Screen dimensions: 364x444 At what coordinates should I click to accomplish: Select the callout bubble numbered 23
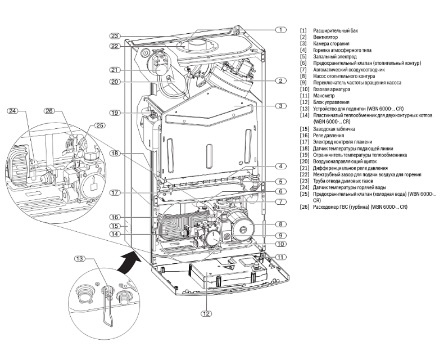(115, 35)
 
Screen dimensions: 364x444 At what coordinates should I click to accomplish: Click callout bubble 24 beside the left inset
(12, 111)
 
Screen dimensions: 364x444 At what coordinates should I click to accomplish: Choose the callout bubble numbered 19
(115, 113)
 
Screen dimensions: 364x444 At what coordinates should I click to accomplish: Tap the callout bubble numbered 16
(115, 217)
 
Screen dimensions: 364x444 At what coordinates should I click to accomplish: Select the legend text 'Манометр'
(327, 96)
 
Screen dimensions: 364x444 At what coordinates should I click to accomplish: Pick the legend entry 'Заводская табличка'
(341, 129)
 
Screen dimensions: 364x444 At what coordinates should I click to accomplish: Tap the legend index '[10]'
(305, 89)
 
